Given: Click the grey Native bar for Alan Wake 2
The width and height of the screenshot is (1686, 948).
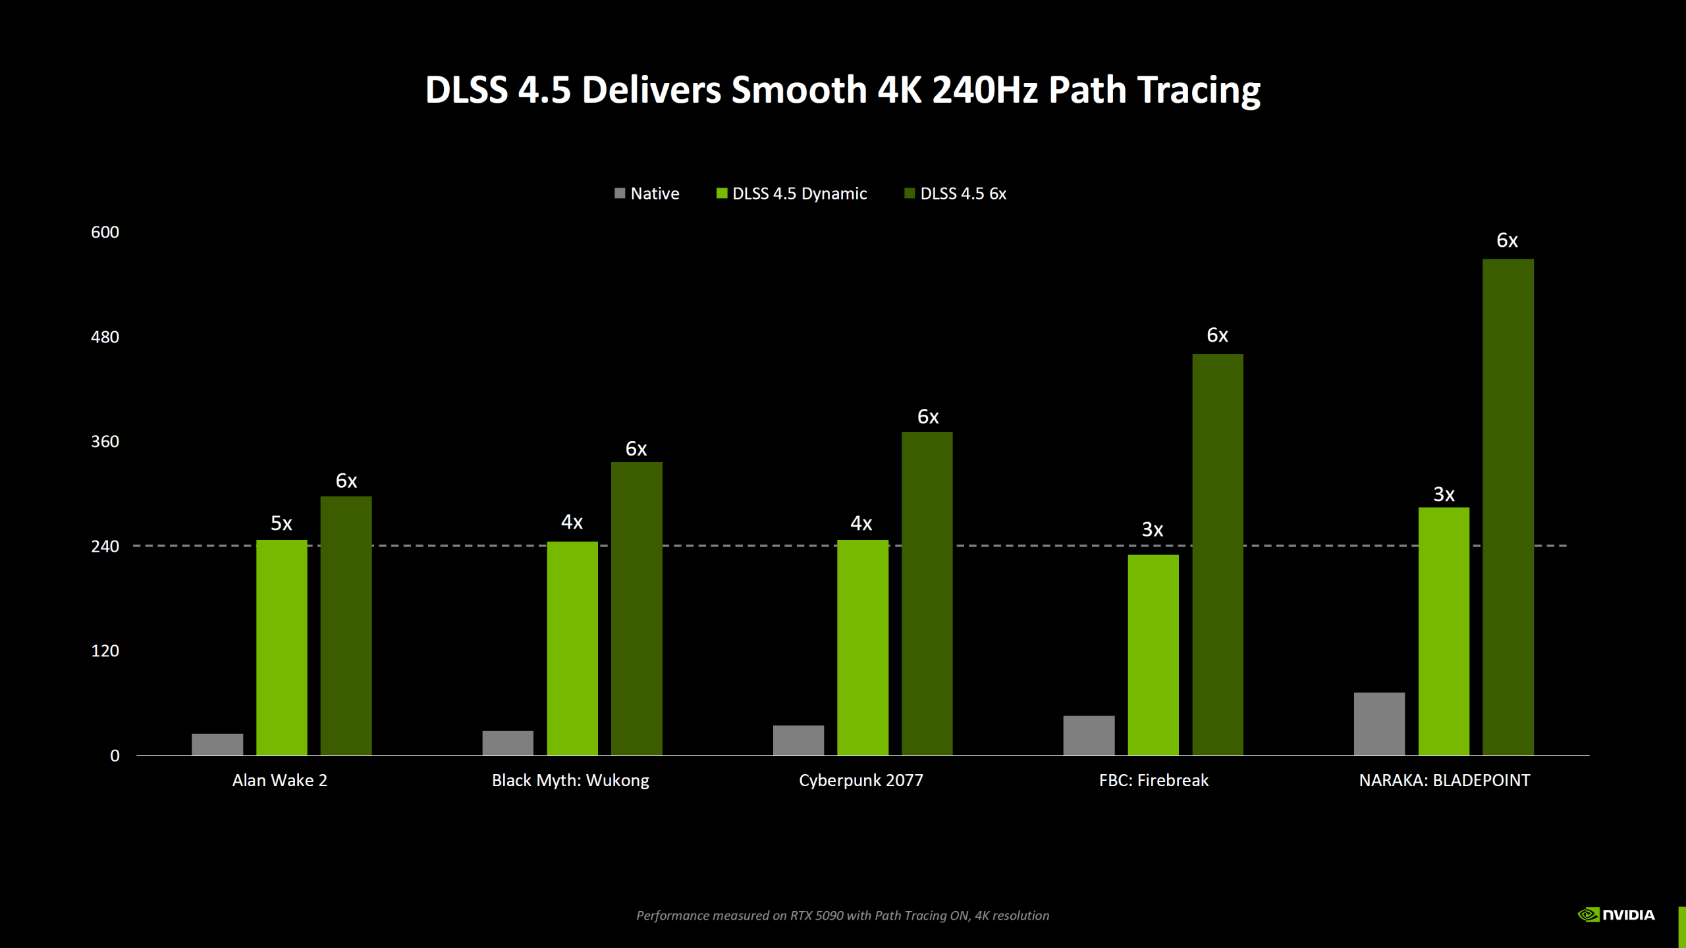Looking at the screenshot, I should (217, 745).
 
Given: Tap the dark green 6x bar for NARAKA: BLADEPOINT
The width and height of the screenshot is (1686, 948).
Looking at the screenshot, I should (1508, 507).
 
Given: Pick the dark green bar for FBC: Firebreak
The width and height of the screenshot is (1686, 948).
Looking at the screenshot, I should (1217, 554).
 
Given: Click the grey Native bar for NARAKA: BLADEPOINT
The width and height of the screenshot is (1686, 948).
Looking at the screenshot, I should (1379, 724).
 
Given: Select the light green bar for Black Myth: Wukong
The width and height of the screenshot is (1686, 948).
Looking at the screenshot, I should (572, 648).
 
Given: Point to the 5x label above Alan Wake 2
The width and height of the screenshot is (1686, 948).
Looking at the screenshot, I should (281, 523).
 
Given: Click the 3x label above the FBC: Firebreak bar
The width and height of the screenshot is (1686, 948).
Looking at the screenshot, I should (1152, 529).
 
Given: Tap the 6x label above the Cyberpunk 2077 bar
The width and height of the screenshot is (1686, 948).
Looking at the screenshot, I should (927, 417).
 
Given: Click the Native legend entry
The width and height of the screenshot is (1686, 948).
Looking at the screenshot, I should (647, 194).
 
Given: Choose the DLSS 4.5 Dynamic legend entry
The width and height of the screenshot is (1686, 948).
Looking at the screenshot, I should (792, 194).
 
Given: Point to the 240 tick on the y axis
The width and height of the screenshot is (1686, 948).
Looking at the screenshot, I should (105, 546).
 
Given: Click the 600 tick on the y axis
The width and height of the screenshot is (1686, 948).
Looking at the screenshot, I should (105, 232).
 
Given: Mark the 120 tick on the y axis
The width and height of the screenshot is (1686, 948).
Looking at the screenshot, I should (105, 651).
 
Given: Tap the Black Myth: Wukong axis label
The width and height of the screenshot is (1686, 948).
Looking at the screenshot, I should (570, 781).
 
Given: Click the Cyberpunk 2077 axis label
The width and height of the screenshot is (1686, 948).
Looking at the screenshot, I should (861, 781).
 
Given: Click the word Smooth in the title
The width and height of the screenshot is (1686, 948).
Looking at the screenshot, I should (799, 90).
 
